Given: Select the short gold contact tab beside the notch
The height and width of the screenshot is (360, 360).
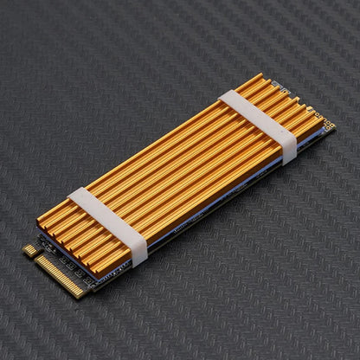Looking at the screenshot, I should click(31, 250).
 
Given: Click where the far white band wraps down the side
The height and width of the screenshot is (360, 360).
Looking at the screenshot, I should click(287, 151).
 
